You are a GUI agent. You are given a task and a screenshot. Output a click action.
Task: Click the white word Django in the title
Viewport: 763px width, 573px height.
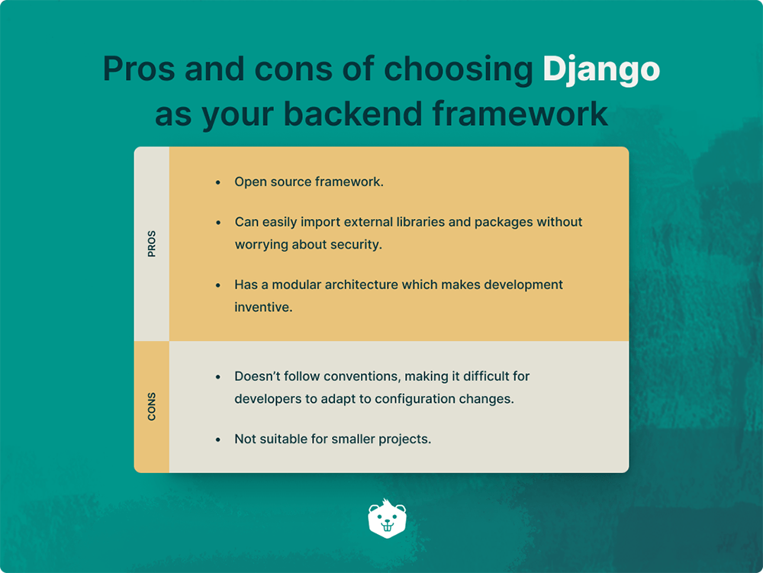pos(600,69)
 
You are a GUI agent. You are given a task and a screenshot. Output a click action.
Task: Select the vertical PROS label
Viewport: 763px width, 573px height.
pos(151,244)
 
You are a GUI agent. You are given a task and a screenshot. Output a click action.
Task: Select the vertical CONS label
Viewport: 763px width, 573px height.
pos(151,407)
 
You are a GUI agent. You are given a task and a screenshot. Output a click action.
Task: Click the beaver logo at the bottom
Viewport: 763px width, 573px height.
pos(387,519)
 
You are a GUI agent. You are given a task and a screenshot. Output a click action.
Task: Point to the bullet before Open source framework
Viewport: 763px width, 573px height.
pos(218,182)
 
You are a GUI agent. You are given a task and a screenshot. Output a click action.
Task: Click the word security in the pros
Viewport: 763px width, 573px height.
pos(354,245)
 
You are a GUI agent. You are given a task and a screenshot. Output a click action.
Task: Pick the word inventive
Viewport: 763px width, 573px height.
pos(263,307)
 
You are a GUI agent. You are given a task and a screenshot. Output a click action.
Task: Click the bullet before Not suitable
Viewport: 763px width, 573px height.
pos(218,439)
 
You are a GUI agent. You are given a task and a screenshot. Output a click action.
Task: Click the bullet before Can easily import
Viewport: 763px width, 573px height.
pos(218,222)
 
